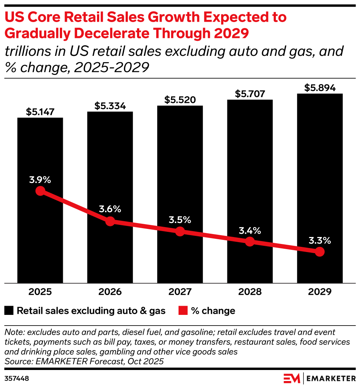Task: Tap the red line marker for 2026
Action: coord(110,221)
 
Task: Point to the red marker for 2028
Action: coord(250,241)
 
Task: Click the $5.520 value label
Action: coord(180,100)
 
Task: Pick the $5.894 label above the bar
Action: coord(320,88)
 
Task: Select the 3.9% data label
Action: coord(40,180)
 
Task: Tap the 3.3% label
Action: coord(320,241)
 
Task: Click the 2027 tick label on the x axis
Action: coord(180,292)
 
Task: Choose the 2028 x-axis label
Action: coord(250,292)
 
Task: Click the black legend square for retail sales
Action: coord(9,311)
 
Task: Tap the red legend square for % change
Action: coord(183,311)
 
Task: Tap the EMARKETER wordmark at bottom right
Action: coord(331,378)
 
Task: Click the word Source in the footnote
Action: coord(17,361)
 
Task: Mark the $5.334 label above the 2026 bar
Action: coord(110,106)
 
